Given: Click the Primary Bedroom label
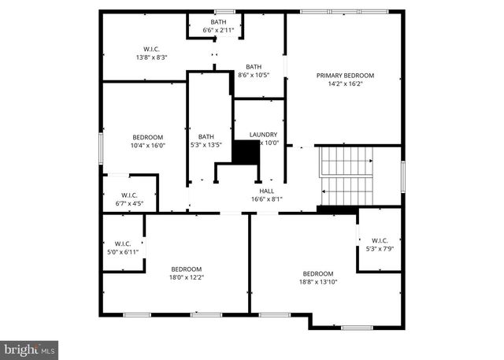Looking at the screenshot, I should tap(345, 76).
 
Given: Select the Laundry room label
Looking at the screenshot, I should tap(263, 135).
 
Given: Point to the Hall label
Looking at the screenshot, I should tap(266, 191).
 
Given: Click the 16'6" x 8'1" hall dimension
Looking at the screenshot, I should tap(266, 199).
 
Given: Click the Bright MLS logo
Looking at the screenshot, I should tap(29, 347).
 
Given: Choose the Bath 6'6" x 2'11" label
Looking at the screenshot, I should tap(217, 25).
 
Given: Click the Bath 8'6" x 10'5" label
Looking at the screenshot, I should tap(253, 71).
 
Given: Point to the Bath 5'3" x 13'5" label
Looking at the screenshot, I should tap(206, 140).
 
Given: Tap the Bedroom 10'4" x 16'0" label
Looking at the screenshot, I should tap(147, 141).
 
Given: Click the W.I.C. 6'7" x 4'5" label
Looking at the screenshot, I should tap(129, 199).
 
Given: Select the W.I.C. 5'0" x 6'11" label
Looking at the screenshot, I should tap(122, 247).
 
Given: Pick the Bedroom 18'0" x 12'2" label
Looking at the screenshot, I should tap(186, 273).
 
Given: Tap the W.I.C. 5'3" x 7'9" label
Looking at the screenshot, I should tap(380, 244).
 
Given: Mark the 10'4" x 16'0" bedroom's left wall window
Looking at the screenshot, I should tap(101, 149).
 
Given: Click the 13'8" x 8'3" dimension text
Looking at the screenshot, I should tap(151, 57).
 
